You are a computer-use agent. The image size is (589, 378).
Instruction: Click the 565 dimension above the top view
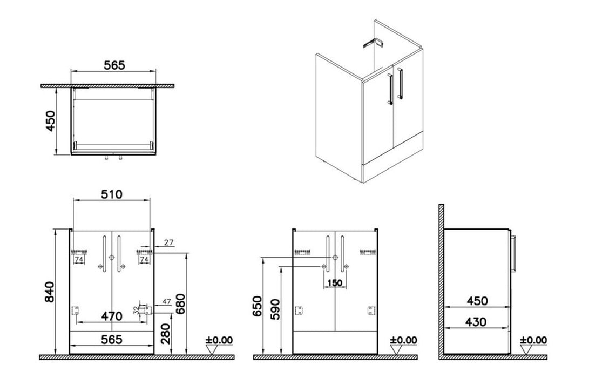[x=114, y=65]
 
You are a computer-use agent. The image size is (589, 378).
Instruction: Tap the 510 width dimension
[x=112, y=194]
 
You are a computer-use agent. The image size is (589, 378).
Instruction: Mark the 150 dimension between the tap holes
[x=335, y=282]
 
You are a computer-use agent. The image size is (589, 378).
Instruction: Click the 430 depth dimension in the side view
[x=476, y=322]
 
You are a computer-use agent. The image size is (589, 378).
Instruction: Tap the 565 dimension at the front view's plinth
[x=111, y=339]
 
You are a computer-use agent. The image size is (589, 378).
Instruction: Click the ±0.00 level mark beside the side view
[x=533, y=340]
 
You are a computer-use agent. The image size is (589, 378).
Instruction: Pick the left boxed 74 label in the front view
[x=79, y=260]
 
